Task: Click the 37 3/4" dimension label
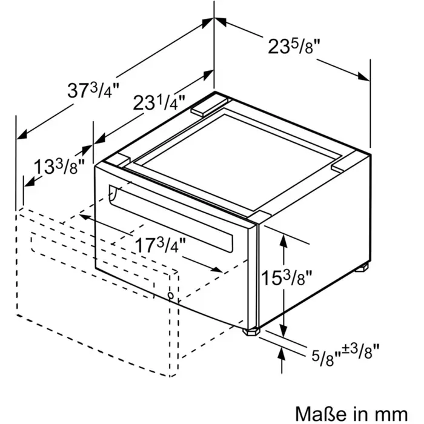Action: [93, 90]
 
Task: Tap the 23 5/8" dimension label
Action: [294, 46]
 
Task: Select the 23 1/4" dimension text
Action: [159, 102]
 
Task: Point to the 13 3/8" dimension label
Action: [59, 167]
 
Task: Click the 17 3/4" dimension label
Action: [161, 245]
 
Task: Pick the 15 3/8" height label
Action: [287, 277]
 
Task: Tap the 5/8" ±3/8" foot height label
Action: [345, 354]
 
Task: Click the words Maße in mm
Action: [351, 414]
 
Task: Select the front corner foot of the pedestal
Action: [251, 331]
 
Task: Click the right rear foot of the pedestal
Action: [362, 267]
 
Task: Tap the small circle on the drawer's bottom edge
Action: [171, 296]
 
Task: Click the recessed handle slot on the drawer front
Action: [171, 219]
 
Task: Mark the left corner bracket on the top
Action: [118, 161]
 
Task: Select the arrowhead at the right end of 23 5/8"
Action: [363, 76]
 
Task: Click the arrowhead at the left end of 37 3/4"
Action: [22, 134]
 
